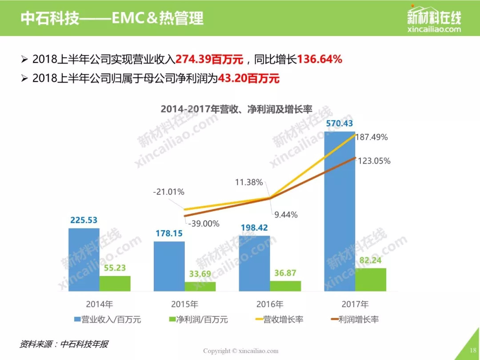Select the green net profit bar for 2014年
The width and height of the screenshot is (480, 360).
tap(115, 284)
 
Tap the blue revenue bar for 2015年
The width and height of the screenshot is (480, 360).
tap(169, 266)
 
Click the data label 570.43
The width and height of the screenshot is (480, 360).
tap(340, 124)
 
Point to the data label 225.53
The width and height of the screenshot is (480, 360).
tap(84, 220)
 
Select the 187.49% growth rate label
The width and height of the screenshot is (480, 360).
tap(372, 137)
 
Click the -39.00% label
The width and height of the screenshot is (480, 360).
tap(204, 224)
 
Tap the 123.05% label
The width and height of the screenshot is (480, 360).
tap(373, 161)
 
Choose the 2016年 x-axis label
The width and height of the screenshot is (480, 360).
tap(269, 305)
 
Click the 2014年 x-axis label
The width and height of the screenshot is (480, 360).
tap(99, 305)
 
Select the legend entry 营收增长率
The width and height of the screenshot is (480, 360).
tap(278, 319)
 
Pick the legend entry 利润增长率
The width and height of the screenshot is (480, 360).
tap(353, 319)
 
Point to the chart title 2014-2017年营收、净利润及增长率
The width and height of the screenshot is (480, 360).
tap(236, 109)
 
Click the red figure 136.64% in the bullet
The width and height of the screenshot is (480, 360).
tap(320, 59)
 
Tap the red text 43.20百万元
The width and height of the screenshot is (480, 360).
tap(248, 79)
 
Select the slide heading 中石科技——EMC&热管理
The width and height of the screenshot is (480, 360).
tap(112, 18)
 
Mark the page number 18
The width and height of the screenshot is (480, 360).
tap(472, 350)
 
